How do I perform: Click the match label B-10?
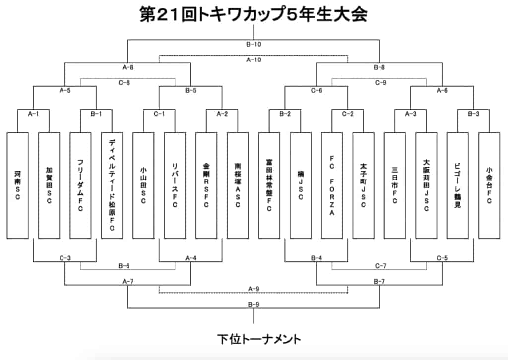(x=254, y=44)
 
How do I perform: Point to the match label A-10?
(x=254, y=60)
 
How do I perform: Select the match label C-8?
(x=127, y=83)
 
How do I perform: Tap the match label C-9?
(x=380, y=83)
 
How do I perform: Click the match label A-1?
(x=33, y=114)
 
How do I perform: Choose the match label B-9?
(x=254, y=304)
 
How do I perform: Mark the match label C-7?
(x=380, y=266)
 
